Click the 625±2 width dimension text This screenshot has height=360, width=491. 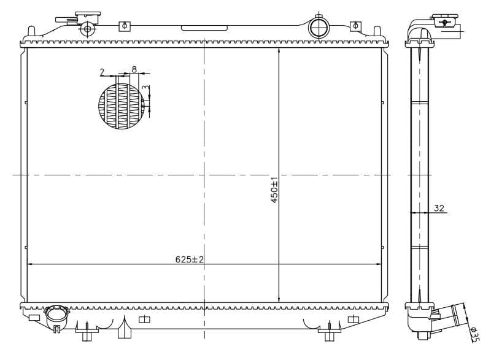coord(189,259)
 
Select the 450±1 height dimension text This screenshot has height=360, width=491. coord(274,191)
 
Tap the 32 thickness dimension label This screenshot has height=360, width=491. coord(439,208)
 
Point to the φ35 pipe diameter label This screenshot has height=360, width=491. coord(474,334)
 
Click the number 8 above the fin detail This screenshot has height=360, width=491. coord(134,70)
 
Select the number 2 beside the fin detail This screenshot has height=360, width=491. coord(102,72)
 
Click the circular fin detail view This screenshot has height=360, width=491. coord(123,106)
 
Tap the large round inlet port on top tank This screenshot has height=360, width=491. coord(319,27)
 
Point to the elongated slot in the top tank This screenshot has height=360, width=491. coord(204,28)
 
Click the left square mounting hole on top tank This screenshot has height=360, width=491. coord(125,26)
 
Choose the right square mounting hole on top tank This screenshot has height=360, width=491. coord(355,26)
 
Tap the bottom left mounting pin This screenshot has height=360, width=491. coord(86,334)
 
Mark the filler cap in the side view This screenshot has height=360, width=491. coord(446,21)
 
